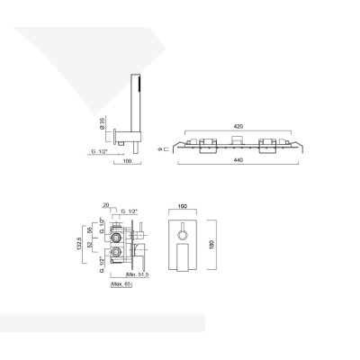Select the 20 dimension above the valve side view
106,205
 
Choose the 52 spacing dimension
93,246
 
